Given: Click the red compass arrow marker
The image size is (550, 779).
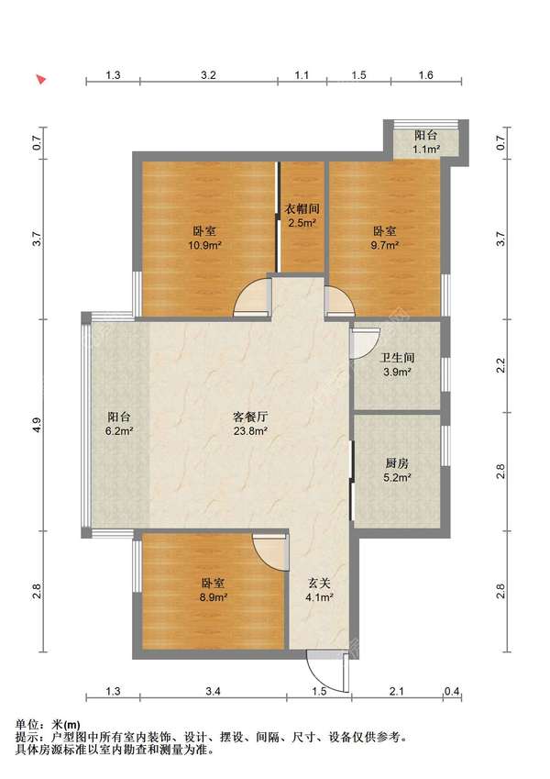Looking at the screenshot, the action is tap(41, 79).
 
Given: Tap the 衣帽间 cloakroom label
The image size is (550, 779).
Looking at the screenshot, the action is tap(302, 209).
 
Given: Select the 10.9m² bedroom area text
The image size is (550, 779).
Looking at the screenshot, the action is tap(204, 245).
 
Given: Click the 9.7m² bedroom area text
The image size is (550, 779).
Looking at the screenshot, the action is tap(385, 245).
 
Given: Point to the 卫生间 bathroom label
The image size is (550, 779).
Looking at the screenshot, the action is tap(397, 358).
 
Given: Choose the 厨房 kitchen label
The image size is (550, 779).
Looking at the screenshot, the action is tap(397, 463).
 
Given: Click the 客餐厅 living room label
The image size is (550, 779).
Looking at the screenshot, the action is tap(251, 417).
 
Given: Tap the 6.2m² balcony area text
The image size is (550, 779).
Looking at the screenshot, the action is tap(119, 431).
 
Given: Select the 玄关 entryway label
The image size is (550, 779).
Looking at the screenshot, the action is tap(319, 584).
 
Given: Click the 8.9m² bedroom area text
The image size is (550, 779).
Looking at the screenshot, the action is tap(214, 597).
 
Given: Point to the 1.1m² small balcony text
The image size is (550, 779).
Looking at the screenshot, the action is tap(426, 149).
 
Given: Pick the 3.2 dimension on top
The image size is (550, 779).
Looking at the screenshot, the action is tap(208, 75).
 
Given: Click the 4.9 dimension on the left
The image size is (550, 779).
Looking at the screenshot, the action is tap(37, 425).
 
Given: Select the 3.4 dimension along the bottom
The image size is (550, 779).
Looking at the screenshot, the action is tap(213, 691).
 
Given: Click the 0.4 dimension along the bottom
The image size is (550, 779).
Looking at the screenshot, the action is tap(452, 691).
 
